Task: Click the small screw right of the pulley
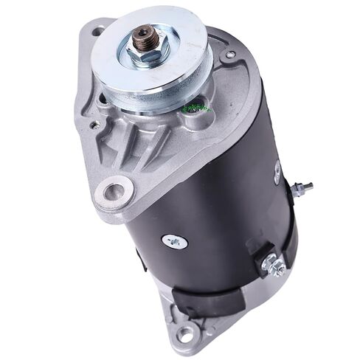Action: [230, 55]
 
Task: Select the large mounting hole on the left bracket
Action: [115, 193]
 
